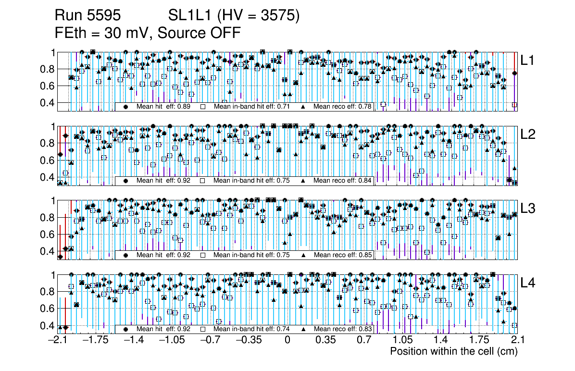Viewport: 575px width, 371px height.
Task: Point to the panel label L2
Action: coord(529,135)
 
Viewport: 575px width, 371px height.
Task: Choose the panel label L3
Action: coord(529,209)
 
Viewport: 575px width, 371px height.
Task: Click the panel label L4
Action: coord(529,283)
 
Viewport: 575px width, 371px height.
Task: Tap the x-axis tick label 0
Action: coord(287,340)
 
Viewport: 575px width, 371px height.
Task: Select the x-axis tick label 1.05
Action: coord(402,340)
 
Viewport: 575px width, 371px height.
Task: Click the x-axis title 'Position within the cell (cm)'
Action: coord(453,351)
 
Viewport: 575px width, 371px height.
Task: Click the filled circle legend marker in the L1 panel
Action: coord(126,107)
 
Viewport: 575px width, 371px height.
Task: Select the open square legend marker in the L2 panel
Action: coord(203,181)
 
